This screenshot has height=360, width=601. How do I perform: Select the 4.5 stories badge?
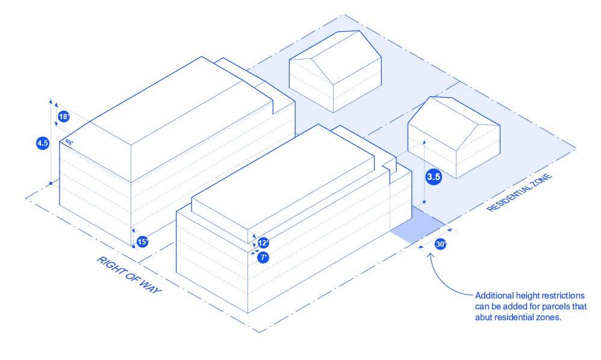43,143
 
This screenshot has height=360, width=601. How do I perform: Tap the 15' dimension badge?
142,242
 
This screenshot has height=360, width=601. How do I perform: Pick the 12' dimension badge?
263,243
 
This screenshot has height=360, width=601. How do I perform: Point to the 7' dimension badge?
263,257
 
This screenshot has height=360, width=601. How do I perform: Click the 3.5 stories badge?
434,177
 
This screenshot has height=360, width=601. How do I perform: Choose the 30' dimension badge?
440,245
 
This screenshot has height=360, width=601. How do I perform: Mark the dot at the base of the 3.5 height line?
425,202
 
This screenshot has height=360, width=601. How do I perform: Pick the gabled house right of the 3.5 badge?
453,137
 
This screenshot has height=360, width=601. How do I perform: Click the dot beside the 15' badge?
133,246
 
